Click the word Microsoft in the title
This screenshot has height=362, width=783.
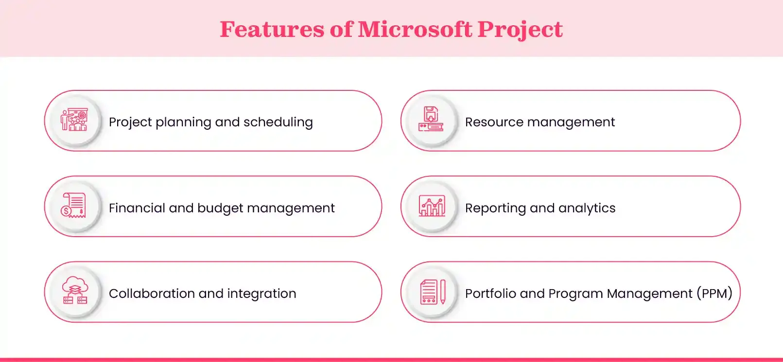415,29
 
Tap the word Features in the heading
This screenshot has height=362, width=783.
272,29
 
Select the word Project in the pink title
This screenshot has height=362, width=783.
520,29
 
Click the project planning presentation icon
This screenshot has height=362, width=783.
74,120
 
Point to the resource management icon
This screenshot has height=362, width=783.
431,120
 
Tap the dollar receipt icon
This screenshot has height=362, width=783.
74,206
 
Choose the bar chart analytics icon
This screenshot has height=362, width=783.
432,206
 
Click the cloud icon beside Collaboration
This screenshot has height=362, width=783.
75,291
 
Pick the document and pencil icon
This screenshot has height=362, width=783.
432,292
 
